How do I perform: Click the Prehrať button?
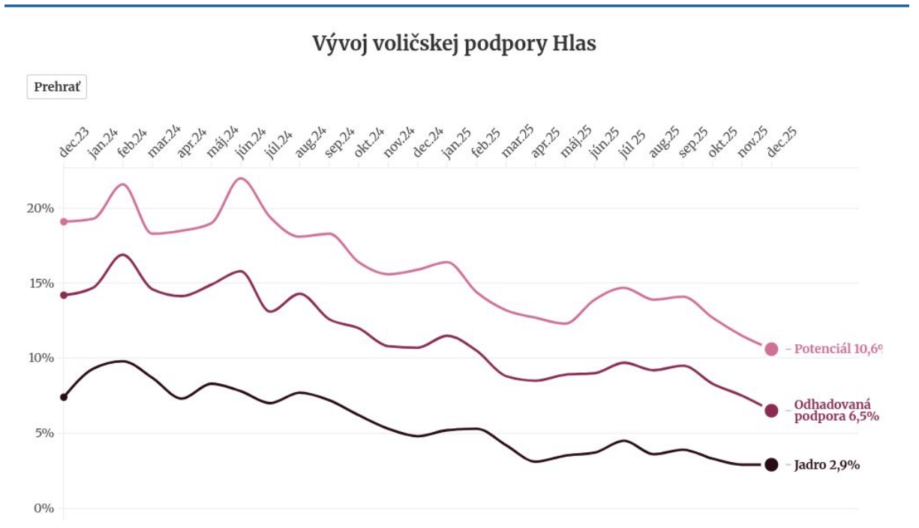(x=57, y=87)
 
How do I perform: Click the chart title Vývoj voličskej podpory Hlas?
(x=454, y=43)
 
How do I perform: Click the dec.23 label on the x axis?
(x=74, y=142)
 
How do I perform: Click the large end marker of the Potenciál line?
(x=771, y=349)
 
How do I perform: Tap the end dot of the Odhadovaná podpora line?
(x=771, y=410)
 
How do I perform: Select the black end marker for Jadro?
(x=771, y=464)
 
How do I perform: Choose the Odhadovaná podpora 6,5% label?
(x=836, y=410)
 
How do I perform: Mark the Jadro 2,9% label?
(x=826, y=465)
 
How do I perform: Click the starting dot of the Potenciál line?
(x=64, y=221)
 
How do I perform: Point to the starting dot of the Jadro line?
(x=64, y=397)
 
